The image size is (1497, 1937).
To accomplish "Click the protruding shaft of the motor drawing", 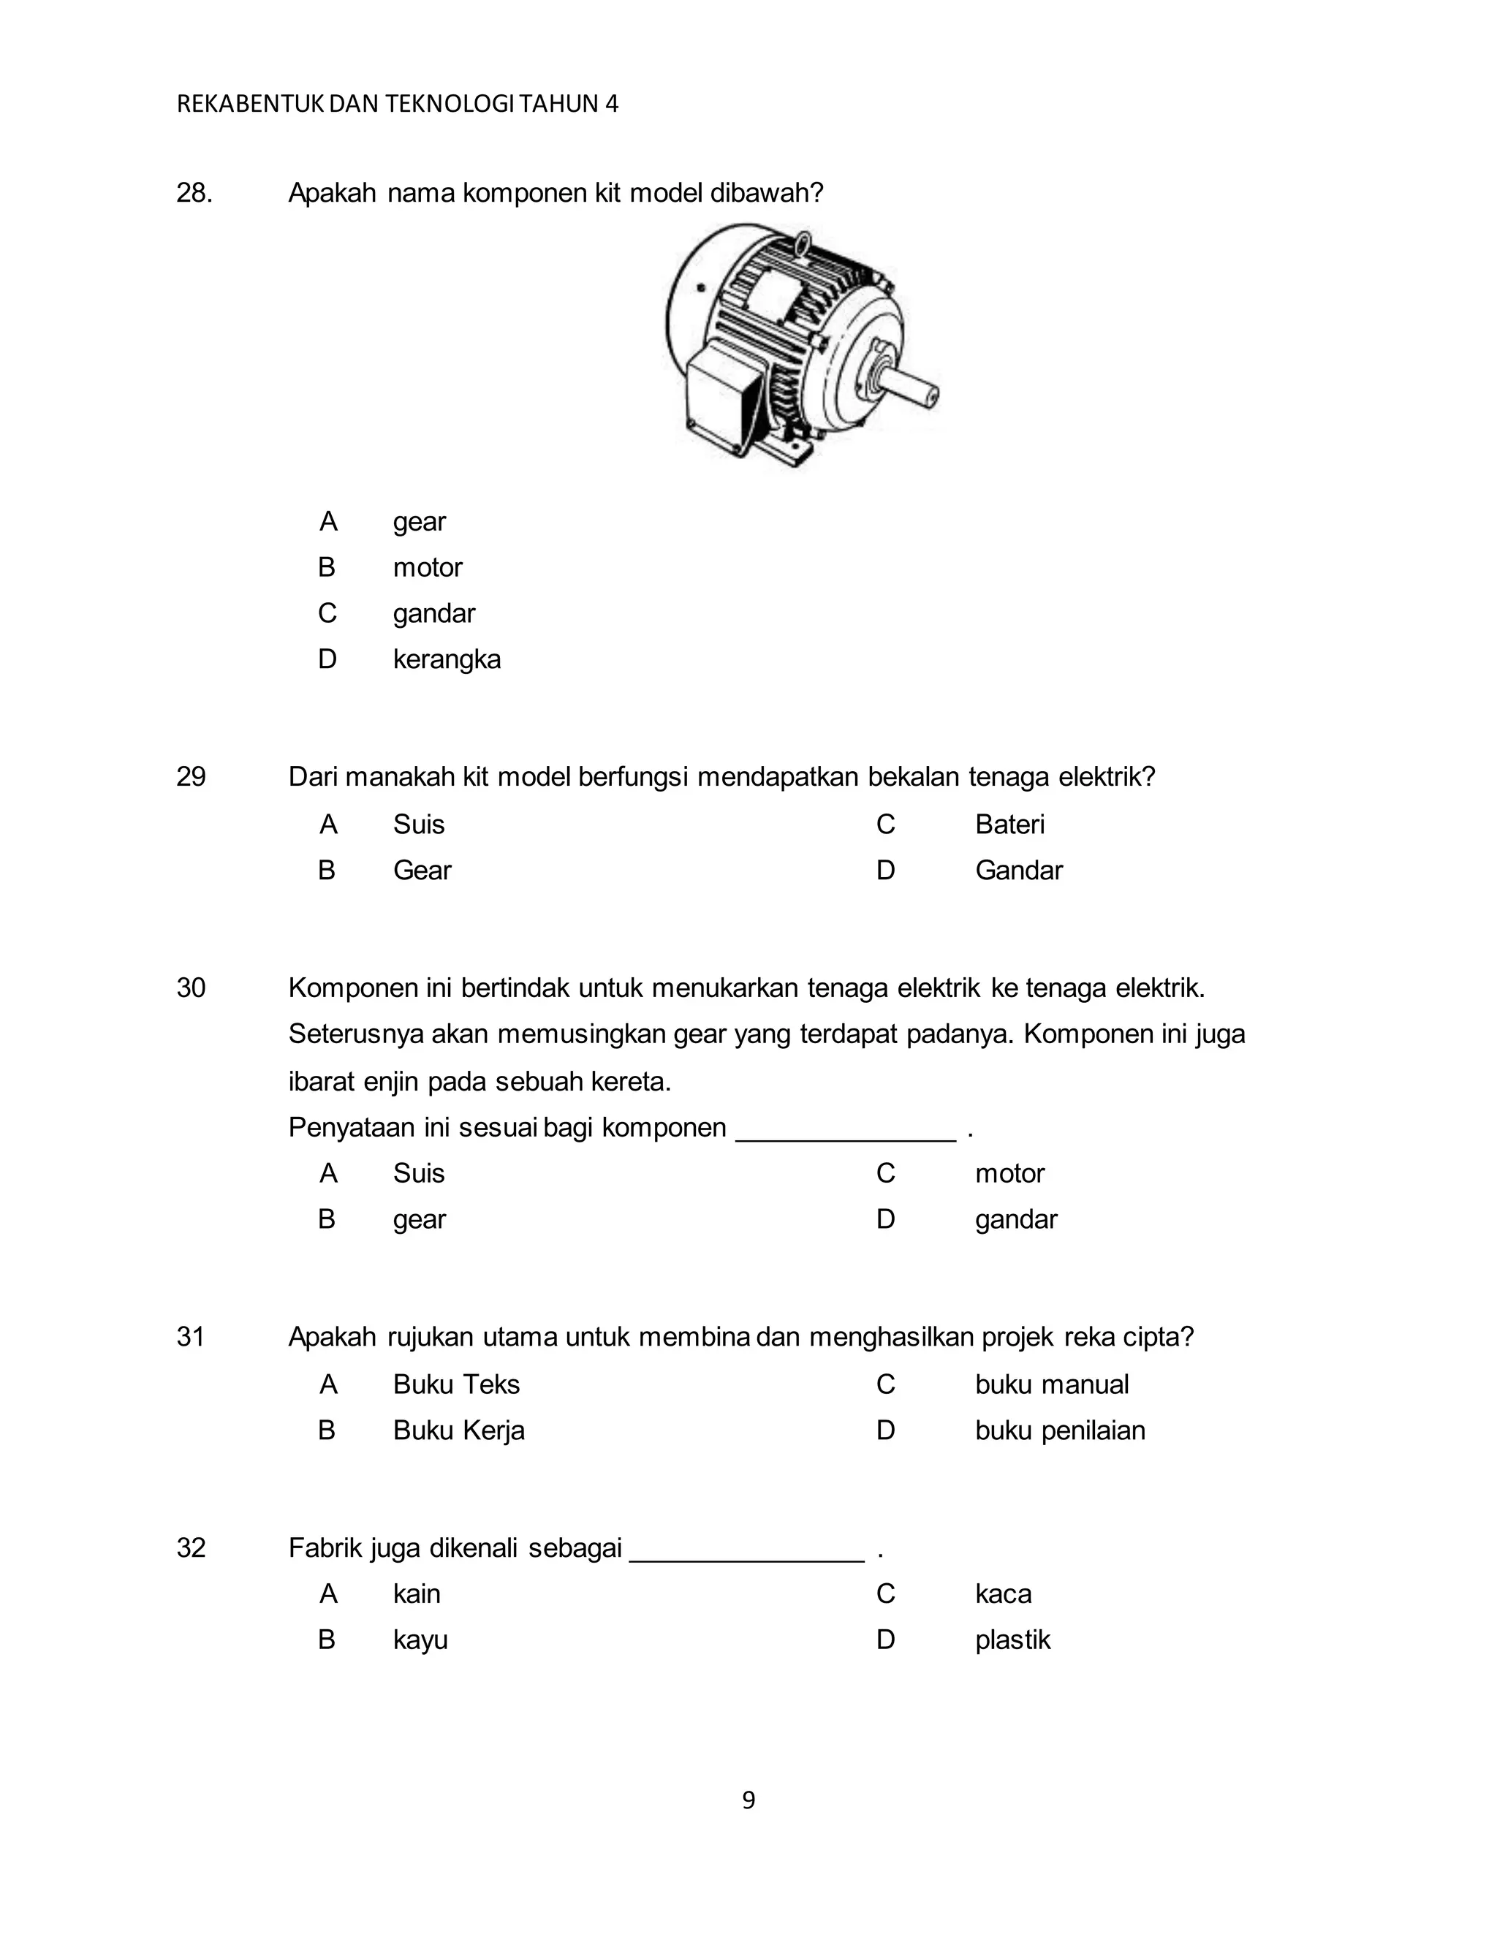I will click(x=914, y=387).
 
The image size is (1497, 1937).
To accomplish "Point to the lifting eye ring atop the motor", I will click(x=801, y=241).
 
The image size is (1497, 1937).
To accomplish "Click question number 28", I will click(x=194, y=192).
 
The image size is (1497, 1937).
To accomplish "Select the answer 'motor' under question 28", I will click(x=428, y=568).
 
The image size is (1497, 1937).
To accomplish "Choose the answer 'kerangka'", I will click(x=447, y=660).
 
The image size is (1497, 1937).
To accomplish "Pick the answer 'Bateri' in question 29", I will click(x=1009, y=825).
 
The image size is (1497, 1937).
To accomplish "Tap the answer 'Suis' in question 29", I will click(x=419, y=825).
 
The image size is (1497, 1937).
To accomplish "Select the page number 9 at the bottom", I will click(x=748, y=1800).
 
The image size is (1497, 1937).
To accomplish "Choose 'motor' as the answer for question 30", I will click(x=1009, y=1173).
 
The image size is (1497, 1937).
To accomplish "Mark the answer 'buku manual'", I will click(x=1052, y=1384).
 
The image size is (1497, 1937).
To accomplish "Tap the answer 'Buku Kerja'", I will click(x=458, y=1430).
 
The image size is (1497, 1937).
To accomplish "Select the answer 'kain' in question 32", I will click(x=417, y=1593).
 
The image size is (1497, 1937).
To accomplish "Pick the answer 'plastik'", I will click(x=1012, y=1640).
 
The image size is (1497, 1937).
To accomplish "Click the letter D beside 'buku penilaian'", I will click(x=885, y=1430).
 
